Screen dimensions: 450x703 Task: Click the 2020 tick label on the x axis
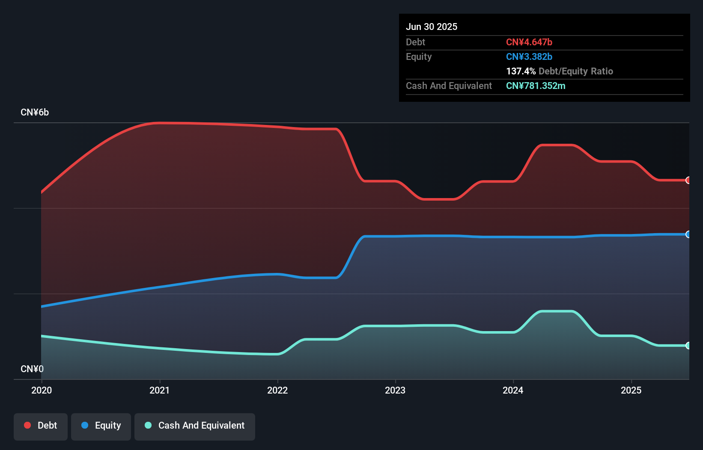pyautogui.click(x=42, y=390)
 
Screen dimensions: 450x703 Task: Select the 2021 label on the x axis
pyautogui.click(x=159, y=390)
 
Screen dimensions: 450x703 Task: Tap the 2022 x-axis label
pyautogui.click(x=277, y=390)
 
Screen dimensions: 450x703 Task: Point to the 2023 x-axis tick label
pyautogui.click(x=395, y=390)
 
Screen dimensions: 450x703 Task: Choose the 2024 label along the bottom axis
pyautogui.click(x=513, y=390)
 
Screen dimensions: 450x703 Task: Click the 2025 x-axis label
pyautogui.click(x=631, y=390)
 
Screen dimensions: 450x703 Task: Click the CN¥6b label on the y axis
pyautogui.click(x=35, y=112)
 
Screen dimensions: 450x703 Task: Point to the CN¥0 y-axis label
pyautogui.click(x=32, y=369)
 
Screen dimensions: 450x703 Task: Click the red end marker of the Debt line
pyautogui.click(x=688, y=180)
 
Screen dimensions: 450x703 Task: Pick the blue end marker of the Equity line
pyautogui.click(x=688, y=234)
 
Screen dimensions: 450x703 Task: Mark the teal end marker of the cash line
pyautogui.click(x=688, y=346)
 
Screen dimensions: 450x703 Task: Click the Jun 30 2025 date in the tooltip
pyautogui.click(x=432, y=27)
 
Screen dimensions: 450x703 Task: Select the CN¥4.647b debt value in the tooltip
pyautogui.click(x=529, y=42)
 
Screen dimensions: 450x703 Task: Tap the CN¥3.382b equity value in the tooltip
pyautogui.click(x=529, y=56)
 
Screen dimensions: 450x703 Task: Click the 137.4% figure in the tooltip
pyautogui.click(x=521, y=71)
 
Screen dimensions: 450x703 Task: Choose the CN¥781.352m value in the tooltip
pyautogui.click(x=536, y=86)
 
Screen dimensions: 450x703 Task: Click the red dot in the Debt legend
pyautogui.click(x=27, y=425)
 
